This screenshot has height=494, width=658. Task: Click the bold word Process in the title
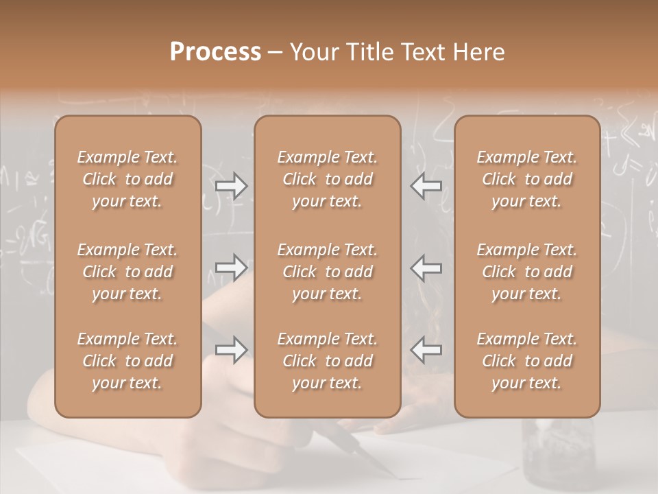point(215,52)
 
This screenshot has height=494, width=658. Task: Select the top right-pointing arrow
point(231,185)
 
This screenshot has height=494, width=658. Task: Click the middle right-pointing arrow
point(231,267)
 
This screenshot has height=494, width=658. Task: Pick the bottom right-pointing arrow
point(231,350)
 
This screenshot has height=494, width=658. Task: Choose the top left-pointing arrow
point(426,185)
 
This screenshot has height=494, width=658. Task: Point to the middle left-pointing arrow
point(426,267)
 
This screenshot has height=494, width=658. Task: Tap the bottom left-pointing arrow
point(426,350)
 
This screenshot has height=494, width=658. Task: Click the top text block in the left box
point(127,179)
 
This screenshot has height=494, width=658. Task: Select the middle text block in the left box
point(127,272)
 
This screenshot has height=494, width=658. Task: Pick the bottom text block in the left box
point(127,361)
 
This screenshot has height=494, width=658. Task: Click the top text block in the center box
point(328,179)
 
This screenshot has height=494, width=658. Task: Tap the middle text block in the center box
point(328,272)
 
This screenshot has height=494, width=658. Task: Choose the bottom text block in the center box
point(328,361)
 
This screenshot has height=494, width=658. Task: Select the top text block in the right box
point(527,179)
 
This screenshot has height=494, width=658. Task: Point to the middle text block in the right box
point(527,272)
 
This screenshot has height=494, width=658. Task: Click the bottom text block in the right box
point(527,361)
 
